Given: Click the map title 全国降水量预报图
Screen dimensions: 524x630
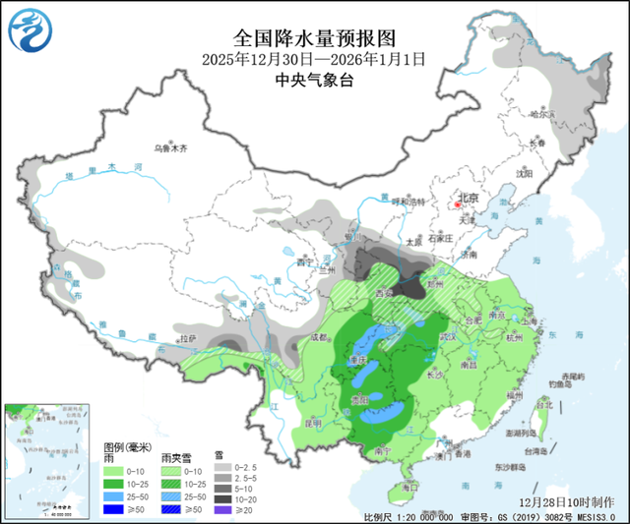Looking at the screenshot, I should point(314,38).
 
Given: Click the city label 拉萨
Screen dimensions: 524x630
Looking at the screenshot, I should point(187,338).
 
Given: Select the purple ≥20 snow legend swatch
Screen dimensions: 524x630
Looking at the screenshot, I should point(221,510).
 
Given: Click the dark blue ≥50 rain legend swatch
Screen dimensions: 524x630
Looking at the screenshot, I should point(112,510).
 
